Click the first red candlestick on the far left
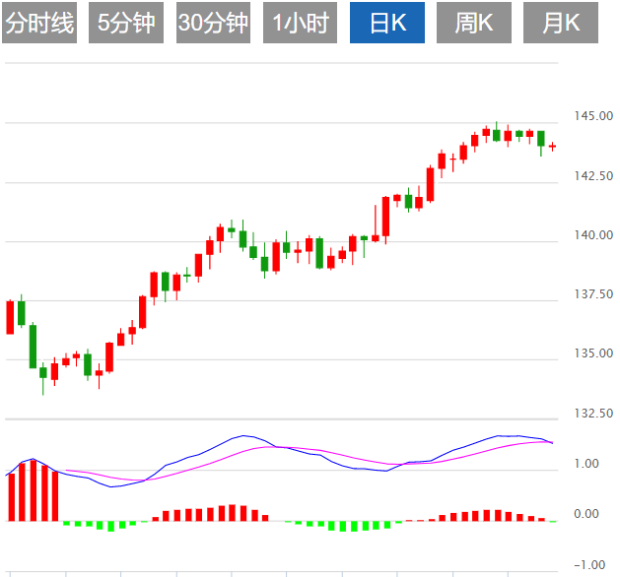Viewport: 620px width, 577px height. (x=10, y=317)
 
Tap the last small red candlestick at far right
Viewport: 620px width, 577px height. (x=553, y=147)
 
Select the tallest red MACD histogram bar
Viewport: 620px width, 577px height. (x=33, y=490)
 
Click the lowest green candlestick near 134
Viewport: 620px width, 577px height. (x=42, y=372)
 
